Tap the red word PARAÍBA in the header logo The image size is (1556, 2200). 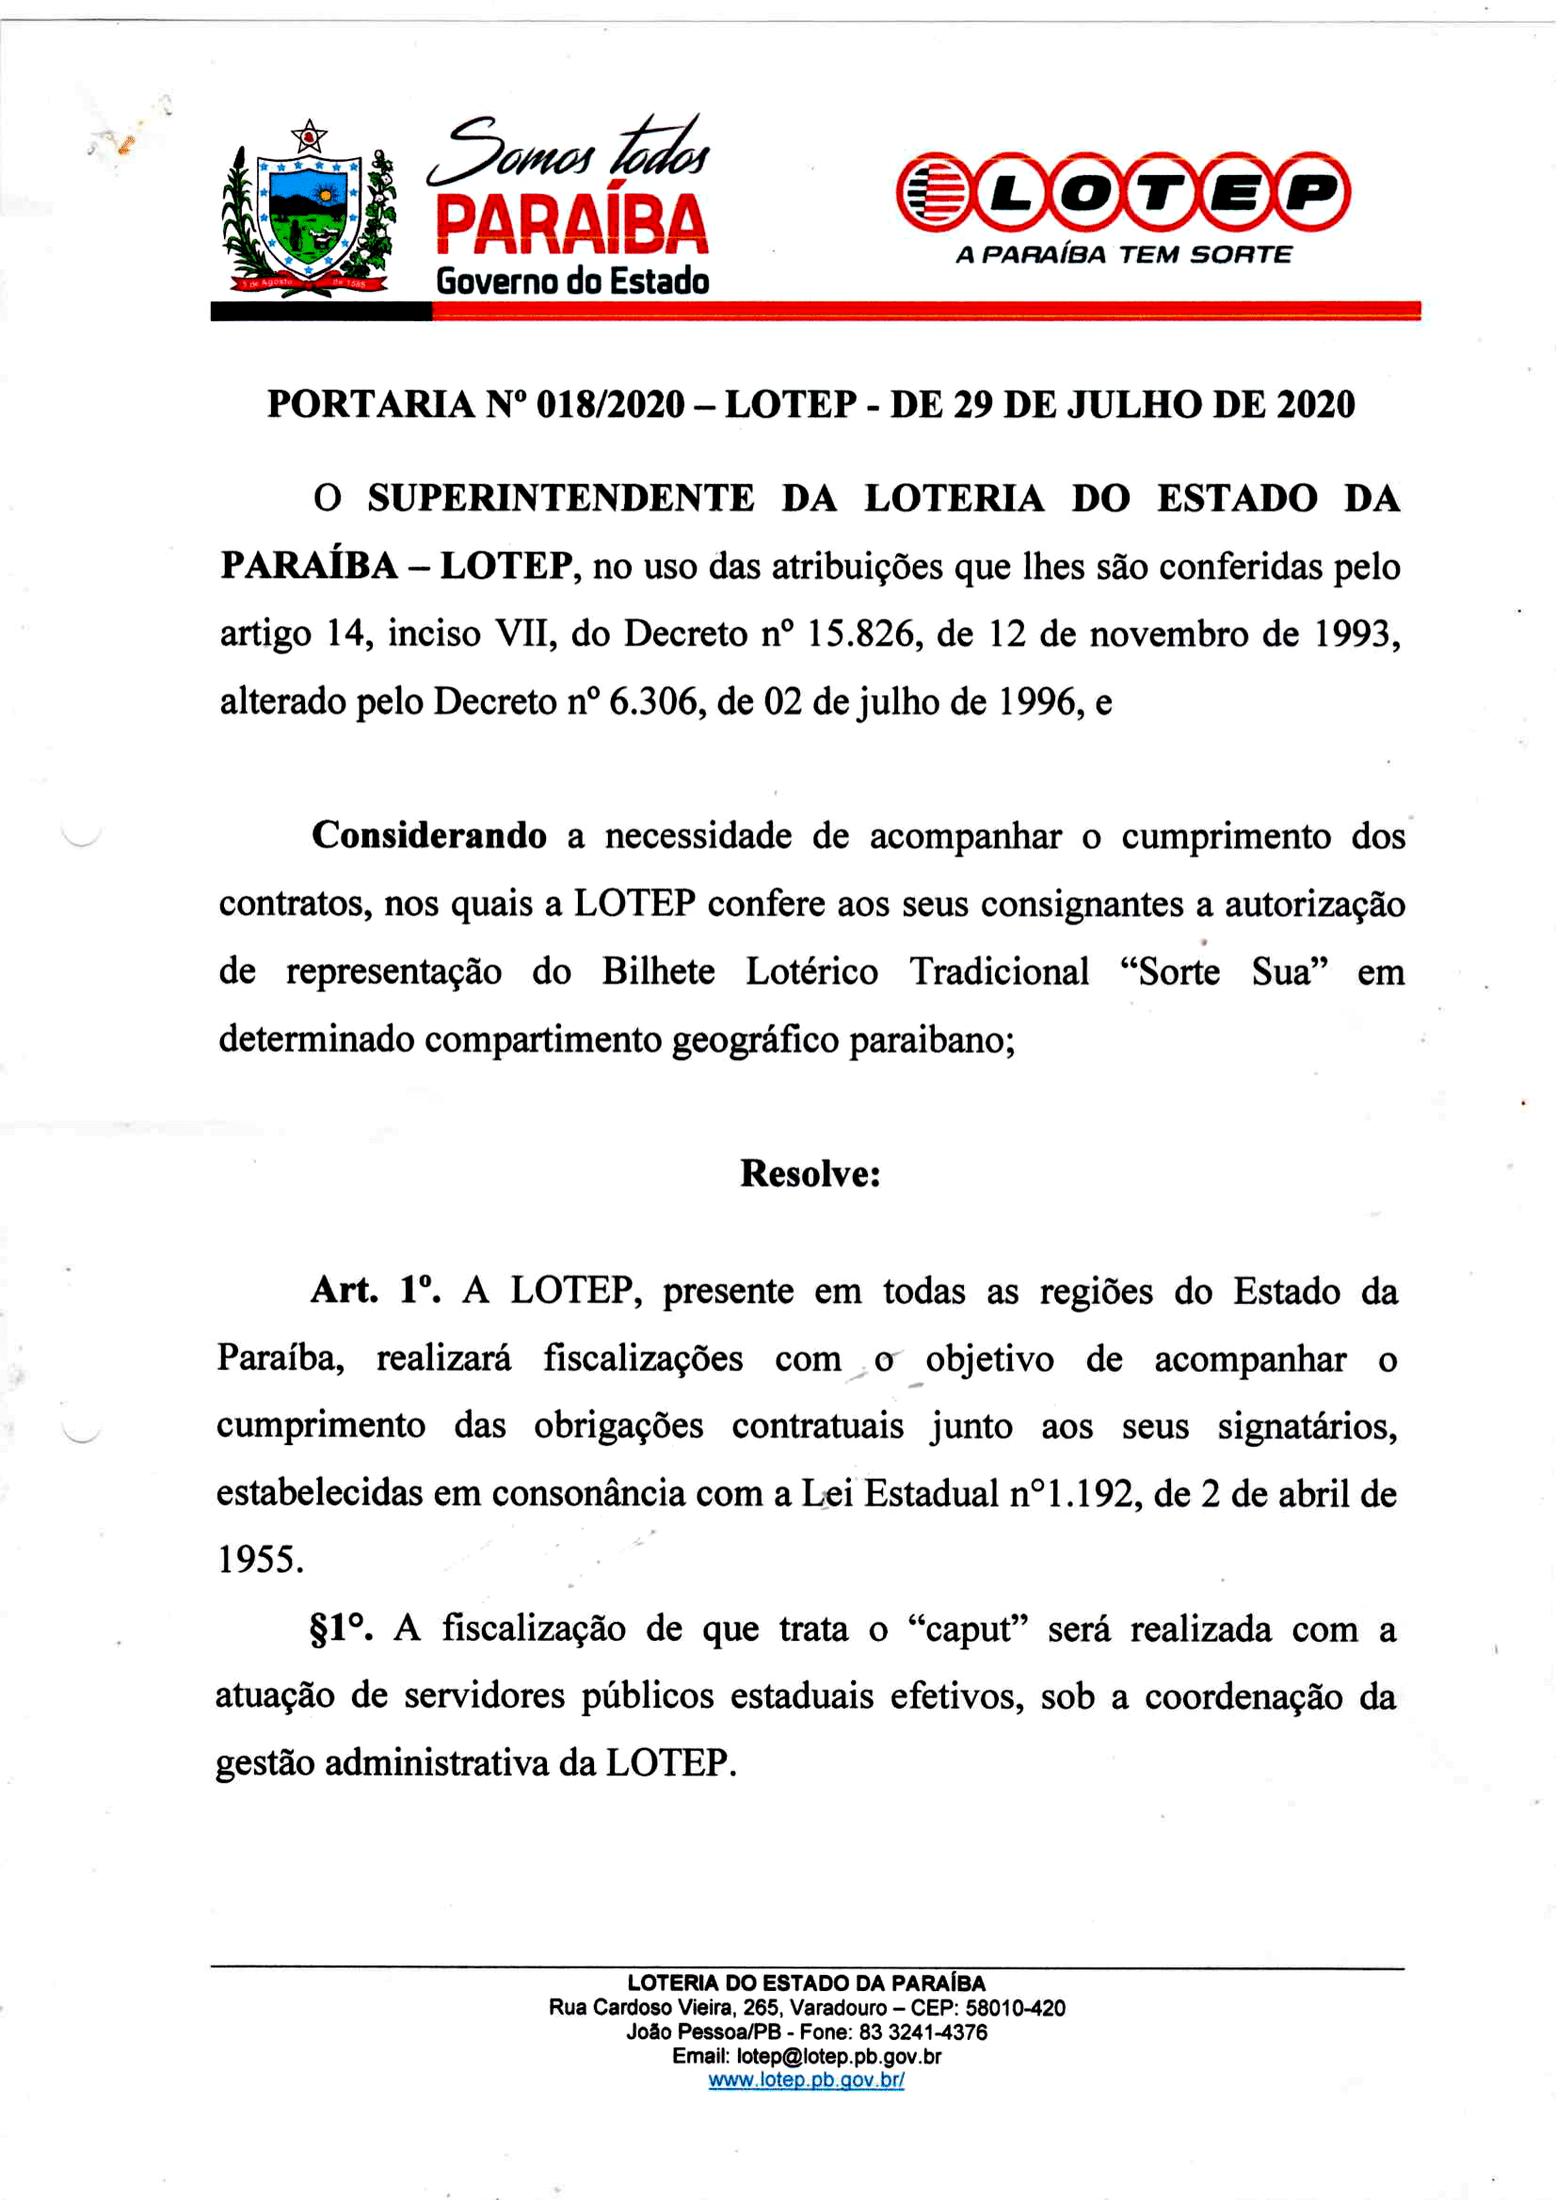tap(571, 223)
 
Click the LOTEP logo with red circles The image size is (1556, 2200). tap(1123, 193)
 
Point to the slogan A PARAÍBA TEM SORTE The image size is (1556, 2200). tap(1123, 255)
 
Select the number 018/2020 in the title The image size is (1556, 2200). tap(610, 406)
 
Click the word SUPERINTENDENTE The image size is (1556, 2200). tap(560, 499)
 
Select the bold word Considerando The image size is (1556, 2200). tap(429, 836)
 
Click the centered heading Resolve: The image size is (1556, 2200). tap(810, 1174)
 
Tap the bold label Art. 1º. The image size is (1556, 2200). tap(376, 1291)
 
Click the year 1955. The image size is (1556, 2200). tap(260, 1561)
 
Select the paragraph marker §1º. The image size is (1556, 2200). tap(340, 1629)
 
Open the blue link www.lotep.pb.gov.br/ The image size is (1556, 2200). tap(806, 2080)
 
